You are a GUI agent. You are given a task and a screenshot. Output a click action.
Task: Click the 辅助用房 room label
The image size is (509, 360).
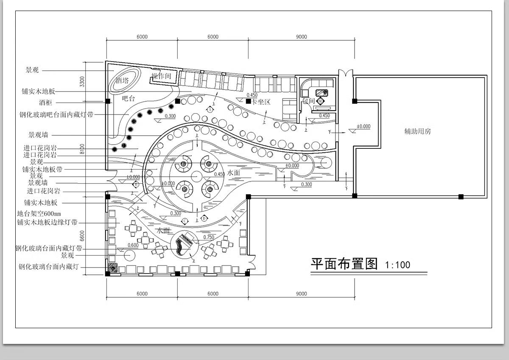417,131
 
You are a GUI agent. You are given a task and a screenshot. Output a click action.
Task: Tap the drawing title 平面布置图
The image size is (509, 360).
344,264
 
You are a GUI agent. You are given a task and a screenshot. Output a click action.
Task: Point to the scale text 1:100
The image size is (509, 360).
397,265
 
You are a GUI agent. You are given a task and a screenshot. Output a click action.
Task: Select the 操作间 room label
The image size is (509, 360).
161,77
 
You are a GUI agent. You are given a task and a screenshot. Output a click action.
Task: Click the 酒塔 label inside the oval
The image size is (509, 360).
122,81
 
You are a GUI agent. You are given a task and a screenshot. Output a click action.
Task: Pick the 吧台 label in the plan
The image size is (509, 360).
128,99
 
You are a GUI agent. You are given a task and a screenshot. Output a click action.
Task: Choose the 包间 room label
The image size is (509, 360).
308,101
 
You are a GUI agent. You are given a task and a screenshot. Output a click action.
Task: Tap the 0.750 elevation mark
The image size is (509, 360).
209,237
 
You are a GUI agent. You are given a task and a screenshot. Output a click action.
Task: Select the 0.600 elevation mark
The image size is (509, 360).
133,245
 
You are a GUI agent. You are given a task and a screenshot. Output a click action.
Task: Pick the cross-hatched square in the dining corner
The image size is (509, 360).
112,268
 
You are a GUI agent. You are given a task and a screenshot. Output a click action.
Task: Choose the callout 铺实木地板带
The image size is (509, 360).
42,169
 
